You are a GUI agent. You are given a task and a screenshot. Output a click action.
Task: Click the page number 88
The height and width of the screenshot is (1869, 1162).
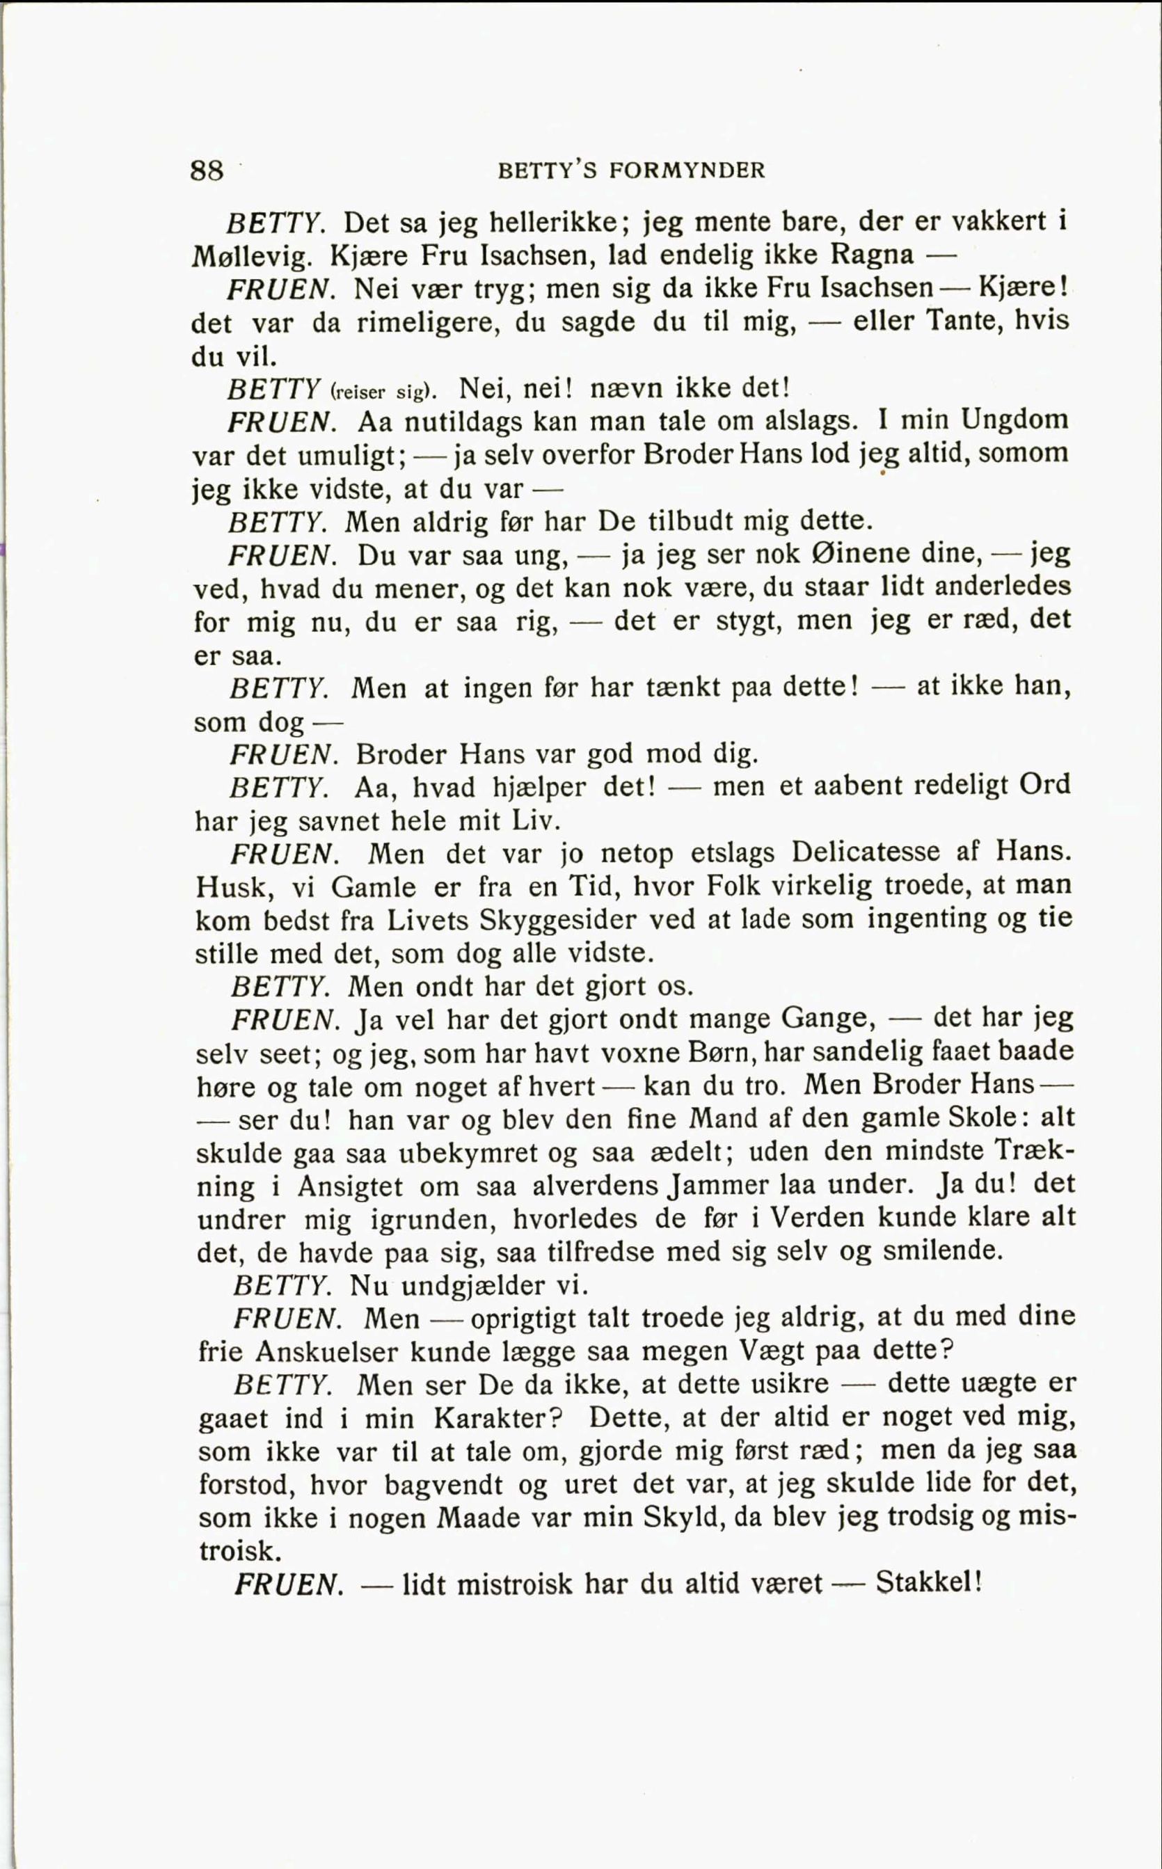click(x=207, y=169)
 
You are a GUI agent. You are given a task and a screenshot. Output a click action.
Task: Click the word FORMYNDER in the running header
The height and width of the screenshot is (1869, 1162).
click(x=687, y=170)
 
